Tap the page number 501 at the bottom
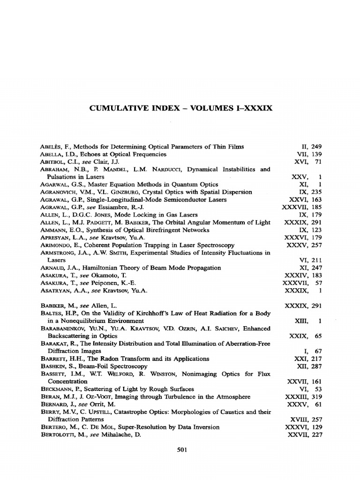(x=182, y=450)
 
